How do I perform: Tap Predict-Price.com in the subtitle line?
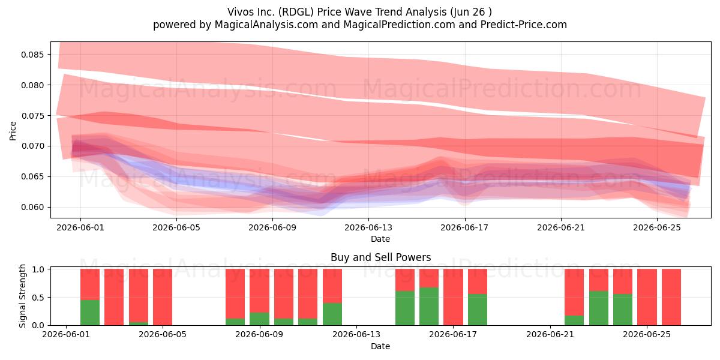click(524, 25)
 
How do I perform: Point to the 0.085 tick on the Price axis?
click(32, 55)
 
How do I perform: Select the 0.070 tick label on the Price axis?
click(32, 146)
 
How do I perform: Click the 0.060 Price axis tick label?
click(32, 208)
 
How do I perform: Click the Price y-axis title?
click(13, 131)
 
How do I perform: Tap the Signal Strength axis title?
click(22, 296)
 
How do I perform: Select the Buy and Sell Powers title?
click(380, 257)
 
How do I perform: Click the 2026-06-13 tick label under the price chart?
click(368, 227)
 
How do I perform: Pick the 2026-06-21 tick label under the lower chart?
click(550, 335)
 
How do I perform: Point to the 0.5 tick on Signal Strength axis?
click(38, 298)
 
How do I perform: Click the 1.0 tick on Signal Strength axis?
click(38, 269)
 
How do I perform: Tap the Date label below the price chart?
click(380, 239)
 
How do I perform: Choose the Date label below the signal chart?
click(380, 346)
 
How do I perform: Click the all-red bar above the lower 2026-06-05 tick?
click(163, 297)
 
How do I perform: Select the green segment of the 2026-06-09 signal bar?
click(259, 319)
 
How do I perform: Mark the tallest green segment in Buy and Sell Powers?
click(429, 307)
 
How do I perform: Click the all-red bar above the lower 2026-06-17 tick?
click(453, 297)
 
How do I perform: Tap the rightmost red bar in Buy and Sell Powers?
click(671, 297)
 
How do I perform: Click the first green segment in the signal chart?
click(90, 313)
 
